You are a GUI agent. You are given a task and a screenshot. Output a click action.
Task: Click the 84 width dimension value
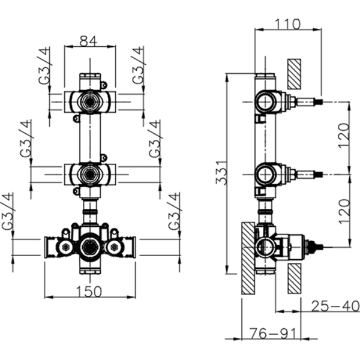pyautogui.click(x=89, y=41)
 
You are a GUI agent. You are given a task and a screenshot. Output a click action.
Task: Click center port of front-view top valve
pyautogui.click(x=89, y=101)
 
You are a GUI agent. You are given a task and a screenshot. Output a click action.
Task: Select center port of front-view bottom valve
pyautogui.click(x=89, y=247)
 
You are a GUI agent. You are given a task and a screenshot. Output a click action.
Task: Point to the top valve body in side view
pyautogui.click(x=265, y=101)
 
